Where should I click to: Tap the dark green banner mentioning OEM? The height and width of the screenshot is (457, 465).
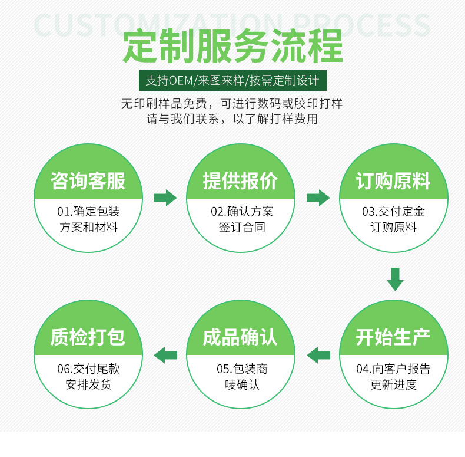[232, 80]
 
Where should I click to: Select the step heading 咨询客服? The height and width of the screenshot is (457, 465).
[88, 180]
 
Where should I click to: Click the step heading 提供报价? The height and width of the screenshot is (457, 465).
[240, 180]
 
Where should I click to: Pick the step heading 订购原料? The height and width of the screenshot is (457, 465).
[393, 180]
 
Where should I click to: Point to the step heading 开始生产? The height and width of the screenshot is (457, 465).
[393, 337]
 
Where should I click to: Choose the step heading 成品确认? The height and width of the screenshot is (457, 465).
[240, 337]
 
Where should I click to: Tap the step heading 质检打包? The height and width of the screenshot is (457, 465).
[88, 337]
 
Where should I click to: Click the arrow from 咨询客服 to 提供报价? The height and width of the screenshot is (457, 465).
[165, 198]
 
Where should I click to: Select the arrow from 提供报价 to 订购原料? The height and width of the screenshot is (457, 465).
[318, 198]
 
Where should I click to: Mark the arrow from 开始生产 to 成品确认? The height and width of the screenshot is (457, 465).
[318, 355]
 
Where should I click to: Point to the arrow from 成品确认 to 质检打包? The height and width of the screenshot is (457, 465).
[165, 355]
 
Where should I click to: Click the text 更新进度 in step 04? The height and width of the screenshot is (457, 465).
[393, 384]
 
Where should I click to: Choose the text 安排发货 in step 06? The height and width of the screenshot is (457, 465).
[88, 384]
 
